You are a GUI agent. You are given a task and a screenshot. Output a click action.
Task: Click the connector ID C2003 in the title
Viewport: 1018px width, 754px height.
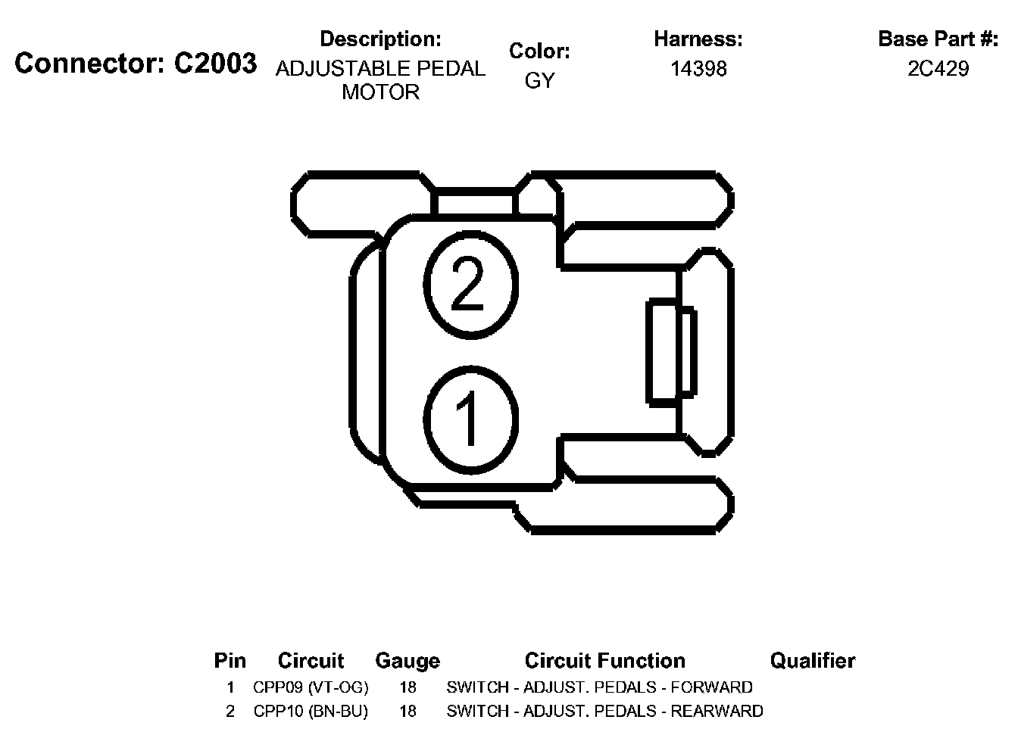(x=215, y=64)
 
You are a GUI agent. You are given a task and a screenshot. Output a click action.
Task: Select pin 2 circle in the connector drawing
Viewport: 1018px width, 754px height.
(x=470, y=284)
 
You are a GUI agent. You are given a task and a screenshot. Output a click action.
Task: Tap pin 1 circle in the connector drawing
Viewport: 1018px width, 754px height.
(x=470, y=417)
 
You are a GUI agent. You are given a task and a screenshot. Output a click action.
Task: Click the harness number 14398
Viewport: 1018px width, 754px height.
(x=698, y=69)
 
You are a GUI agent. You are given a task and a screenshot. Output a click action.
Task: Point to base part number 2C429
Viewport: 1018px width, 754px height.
(x=938, y=69)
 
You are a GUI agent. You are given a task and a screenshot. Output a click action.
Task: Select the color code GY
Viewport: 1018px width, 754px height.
(x=539, y=80)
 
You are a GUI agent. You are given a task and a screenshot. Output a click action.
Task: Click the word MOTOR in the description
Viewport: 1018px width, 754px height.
(x=380, y=92)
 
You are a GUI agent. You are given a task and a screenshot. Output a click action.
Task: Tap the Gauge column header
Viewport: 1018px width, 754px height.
(x=408, y=661)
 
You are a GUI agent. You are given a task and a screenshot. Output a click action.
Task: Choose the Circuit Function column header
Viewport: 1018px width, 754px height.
(x=604, y=661)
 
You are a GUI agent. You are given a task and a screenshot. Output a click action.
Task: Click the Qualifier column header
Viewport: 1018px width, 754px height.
(x=812, y=661)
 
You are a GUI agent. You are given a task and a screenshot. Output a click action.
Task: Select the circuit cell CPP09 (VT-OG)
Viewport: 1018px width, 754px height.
(x=311, y=687)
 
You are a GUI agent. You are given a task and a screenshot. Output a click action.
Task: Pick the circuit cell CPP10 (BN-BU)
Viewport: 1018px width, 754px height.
(x=311, y=712)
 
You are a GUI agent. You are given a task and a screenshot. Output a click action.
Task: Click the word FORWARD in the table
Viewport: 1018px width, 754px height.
(x=712, y=687)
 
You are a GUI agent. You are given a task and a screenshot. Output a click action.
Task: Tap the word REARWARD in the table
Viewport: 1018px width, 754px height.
(x=717, y=712)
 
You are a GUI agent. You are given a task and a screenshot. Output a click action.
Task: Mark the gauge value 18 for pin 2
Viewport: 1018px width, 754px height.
(x=408, y=712)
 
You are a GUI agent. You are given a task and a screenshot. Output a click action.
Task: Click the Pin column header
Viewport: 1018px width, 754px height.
(x=230, y=661)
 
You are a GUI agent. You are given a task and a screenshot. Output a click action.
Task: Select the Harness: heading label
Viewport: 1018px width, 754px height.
(x=698, y=39)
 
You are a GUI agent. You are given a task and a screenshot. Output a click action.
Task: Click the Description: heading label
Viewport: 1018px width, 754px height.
(x=380, y=39)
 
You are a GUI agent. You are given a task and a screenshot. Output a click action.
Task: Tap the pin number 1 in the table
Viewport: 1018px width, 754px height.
(x=230, y=687)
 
